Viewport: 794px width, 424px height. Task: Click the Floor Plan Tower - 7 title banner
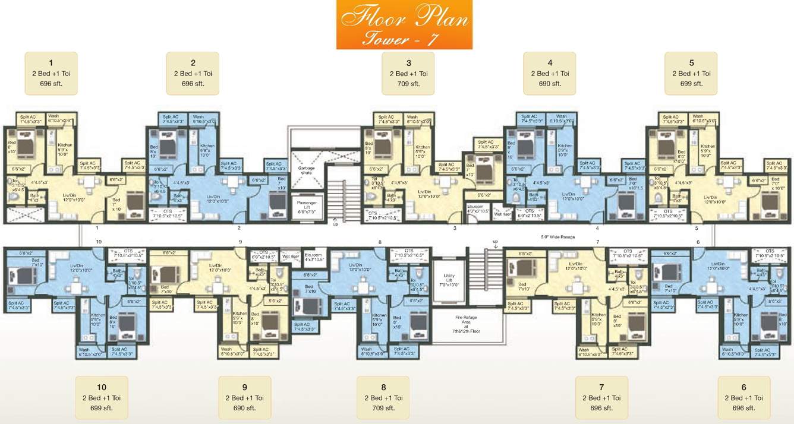coord(404,24)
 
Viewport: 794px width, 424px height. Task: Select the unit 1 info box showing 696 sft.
coord(51,73)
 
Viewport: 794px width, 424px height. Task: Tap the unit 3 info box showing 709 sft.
coord(408,73)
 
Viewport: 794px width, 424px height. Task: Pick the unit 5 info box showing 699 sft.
coord(691,73)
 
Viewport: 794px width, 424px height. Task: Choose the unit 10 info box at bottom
coord(101,397)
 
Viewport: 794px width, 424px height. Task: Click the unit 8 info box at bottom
coord(383,397)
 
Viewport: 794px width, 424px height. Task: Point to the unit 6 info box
coord(743,397)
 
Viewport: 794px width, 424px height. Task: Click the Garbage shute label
coord(307,170)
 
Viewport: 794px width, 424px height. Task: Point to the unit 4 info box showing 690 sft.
coord(549,73)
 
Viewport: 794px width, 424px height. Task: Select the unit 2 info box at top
coord(193,73)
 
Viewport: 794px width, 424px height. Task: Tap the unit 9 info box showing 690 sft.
coord(244,397)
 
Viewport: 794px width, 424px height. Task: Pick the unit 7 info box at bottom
coord(601,397)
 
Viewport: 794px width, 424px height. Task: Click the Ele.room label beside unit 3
coord(478,209)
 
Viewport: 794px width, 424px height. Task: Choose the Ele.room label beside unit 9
coord(312,257)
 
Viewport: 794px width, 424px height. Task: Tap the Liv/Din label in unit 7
coord(575,266)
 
